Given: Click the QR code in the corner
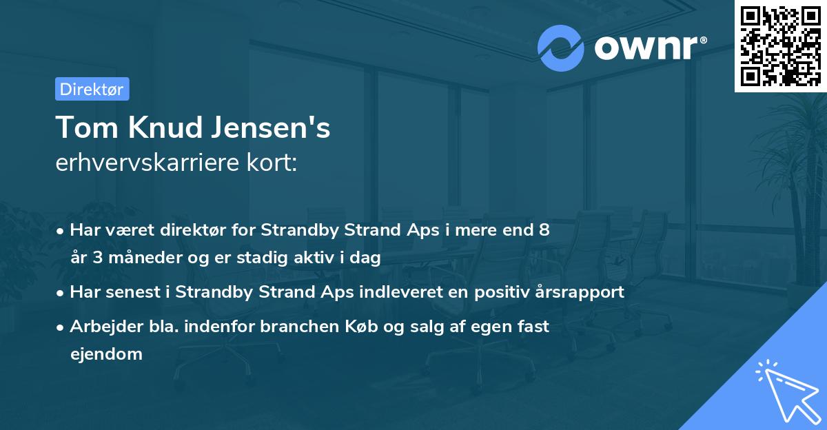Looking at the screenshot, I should (780, 45).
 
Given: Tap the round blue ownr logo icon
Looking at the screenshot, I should (561, 48).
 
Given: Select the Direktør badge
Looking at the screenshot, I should (92, 89).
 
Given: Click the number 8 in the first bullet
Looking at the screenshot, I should (544, 229).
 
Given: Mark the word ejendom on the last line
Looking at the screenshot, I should (106, 354).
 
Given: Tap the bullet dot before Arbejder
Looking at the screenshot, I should (61, 327).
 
